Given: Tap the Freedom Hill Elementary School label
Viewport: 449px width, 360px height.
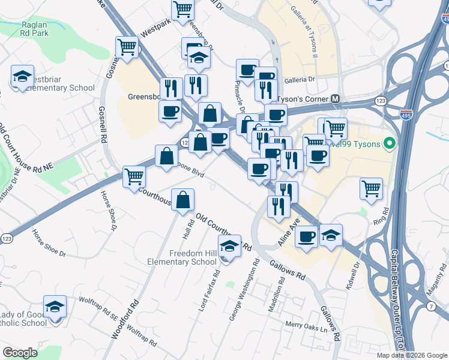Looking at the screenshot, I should coord(192,257).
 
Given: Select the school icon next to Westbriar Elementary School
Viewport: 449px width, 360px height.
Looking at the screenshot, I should coord(22,76).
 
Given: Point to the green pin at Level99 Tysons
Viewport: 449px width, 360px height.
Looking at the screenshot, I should coord(389,143).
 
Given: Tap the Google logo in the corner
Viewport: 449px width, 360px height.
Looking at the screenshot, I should coord(20,353).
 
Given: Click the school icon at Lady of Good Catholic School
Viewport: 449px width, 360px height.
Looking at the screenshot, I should coord(55,307).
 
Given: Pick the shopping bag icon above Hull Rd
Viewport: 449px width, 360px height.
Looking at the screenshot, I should coord(182,200).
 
